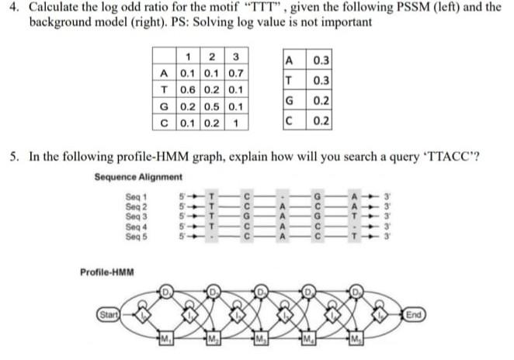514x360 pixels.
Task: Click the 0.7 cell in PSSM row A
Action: pyautogui.click(x=235, y=74)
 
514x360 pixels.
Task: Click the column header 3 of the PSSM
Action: pyautogui.click(x=235, y=57)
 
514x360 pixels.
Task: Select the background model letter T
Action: pyautogui.click(x=290, y=81)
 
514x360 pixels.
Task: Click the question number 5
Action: pyautogui.click(x=14, y=156)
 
